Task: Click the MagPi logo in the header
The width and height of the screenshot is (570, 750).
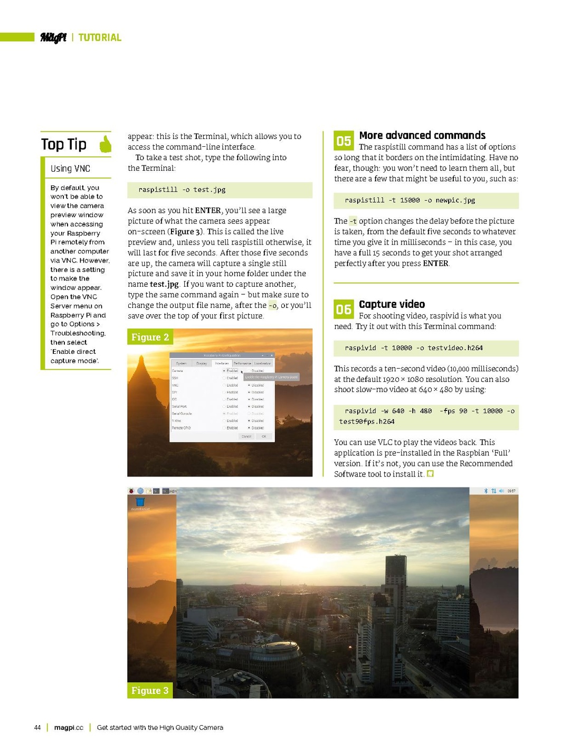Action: coord(53,37)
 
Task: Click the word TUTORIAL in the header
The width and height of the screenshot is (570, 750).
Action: coord(100,37)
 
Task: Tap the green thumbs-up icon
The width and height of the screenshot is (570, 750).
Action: coord(106,144)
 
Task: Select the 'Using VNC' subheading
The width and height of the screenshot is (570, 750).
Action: coord(70,168)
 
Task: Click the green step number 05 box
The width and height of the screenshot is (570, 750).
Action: coord(344,141)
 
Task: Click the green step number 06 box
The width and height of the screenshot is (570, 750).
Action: coord(344,310)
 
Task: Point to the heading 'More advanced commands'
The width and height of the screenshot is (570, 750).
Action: coord(422,136)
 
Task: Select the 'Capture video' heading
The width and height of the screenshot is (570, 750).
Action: coord(392,304)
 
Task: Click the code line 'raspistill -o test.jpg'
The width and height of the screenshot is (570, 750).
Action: coord(182,190)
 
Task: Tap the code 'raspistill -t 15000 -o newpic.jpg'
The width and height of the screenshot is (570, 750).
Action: coord(410,200)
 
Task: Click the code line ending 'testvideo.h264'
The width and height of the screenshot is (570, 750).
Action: coord(413,348)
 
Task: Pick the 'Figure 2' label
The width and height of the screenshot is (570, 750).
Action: coord(150,337)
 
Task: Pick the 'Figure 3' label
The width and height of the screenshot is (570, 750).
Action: coord(150,690)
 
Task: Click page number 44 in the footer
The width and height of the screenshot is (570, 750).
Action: coord(37,727)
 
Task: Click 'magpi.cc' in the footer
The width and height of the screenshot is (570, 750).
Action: coord(69,727)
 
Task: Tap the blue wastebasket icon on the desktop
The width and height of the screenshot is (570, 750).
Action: coord(140,502)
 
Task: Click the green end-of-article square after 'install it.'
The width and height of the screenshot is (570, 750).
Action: coord(430,474)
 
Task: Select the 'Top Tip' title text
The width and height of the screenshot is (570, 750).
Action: coord(64,144)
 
